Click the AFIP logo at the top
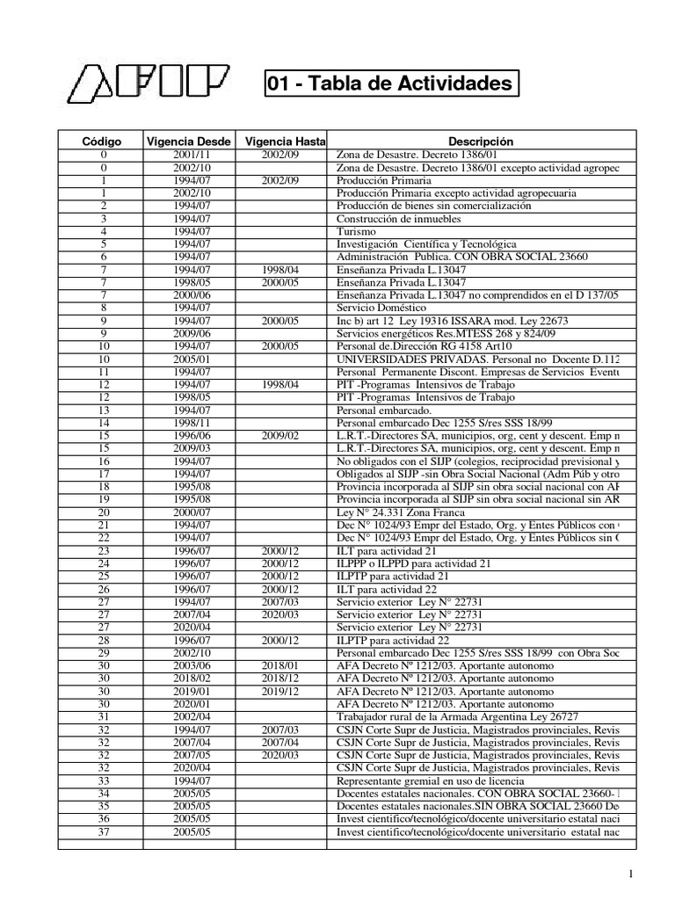click(149, 84)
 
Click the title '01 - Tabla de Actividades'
click(388, 84)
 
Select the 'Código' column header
click(102, 142)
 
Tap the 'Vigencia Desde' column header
click(189, 142)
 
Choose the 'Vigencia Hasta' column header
click(281, 142)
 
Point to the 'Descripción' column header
click(480, 142)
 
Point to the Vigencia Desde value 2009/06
click(191, 334)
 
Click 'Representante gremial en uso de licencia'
click(430, 780)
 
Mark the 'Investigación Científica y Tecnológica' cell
click(426, 244)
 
